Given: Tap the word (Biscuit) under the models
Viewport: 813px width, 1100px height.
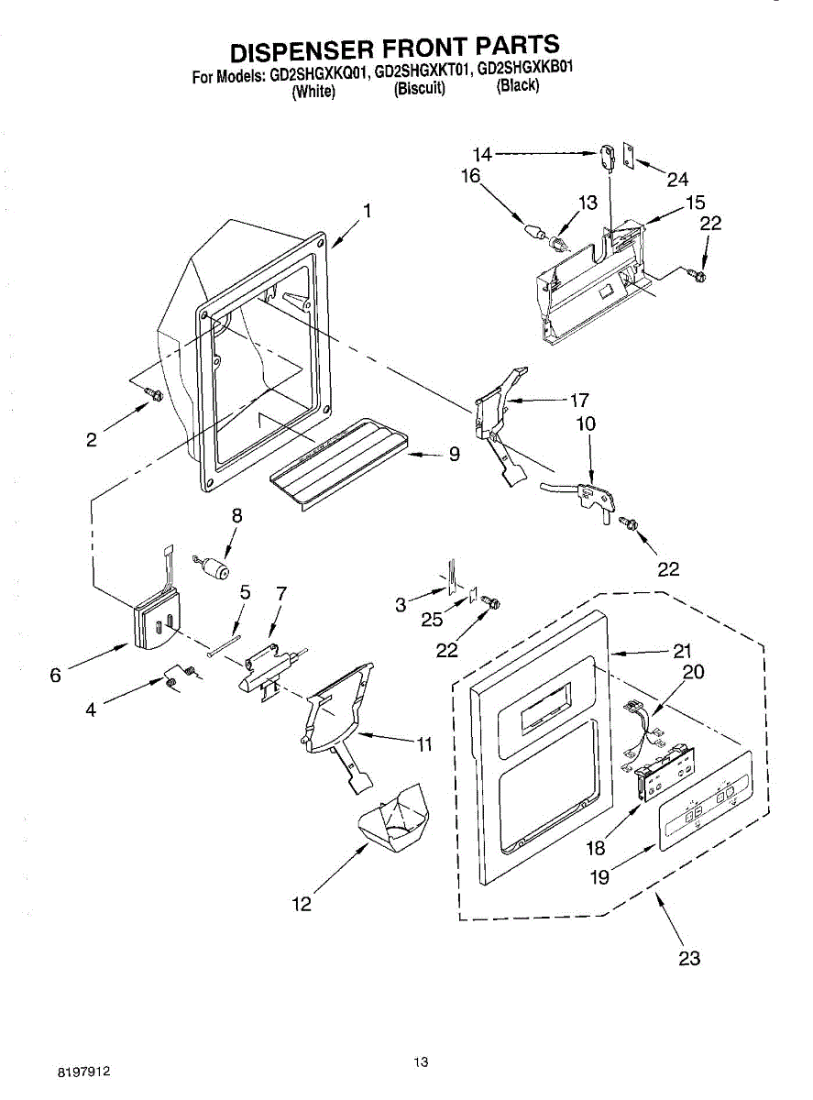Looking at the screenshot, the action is pos(419,88).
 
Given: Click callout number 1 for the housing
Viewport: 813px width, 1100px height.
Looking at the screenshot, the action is pos(367,211).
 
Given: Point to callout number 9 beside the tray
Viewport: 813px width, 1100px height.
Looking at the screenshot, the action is pos(454,454).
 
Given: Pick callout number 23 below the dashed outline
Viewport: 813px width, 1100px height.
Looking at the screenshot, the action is pos(689,958).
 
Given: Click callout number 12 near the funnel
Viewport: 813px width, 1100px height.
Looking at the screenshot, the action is pos(302,904).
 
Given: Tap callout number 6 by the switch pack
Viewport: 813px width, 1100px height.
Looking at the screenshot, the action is pos(56,675).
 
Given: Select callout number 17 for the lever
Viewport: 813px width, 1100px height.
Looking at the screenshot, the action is pos(579,401).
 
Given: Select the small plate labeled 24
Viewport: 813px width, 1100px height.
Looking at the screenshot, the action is pos(629,155).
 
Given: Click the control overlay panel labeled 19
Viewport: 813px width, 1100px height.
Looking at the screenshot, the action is pos(706,799).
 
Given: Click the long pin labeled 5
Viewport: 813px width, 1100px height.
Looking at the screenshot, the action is pos(225,645).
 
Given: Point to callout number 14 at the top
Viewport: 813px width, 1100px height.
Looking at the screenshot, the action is pos(481,155).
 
